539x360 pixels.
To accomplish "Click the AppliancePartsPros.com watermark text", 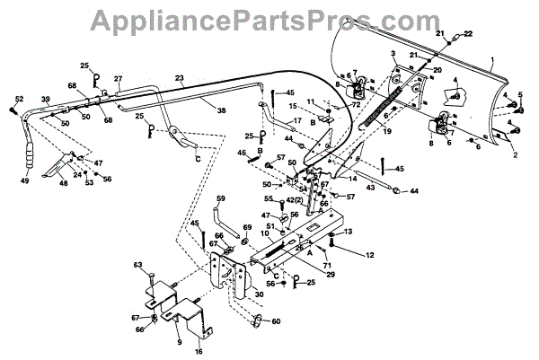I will [269, 18].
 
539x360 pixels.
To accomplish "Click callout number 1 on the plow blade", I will [491, 59].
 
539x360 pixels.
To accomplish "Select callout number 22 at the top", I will [468, 33].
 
